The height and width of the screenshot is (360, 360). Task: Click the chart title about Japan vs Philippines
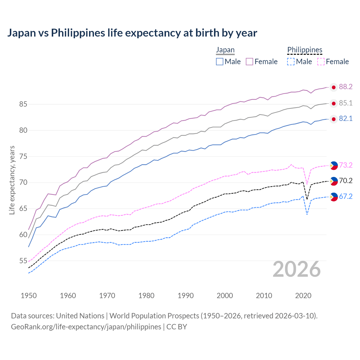(x=132, y=33)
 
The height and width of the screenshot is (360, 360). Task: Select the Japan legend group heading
(x=225, y=50)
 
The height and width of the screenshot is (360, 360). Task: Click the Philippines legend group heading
(x=305, y=50)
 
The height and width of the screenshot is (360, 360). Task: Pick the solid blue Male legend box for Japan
(x=220, y=62)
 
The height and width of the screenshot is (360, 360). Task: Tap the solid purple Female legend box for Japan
(x=249, y=62)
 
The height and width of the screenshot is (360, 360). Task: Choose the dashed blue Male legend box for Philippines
(x=291, y=62)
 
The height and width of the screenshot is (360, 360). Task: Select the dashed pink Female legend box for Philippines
(x=321, y=62)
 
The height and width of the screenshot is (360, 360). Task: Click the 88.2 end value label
(x=346, y=87)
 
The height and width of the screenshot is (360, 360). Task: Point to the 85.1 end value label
(x=346, y=103)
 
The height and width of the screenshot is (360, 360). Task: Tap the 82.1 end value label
(x=346, y=119)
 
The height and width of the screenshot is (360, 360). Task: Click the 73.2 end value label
(x=346, y=165)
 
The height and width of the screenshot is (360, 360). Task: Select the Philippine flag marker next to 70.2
(x=334, y=181)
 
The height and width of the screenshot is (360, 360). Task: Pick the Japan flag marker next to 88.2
(x=334, y=87)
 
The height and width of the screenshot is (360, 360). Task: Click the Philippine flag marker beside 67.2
(x=334, y=197)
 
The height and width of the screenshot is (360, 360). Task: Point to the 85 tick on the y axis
(x=23, y=104)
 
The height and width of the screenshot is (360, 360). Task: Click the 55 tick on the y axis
(x=23, y=261)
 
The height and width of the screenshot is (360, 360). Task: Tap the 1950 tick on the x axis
(x=29, y=296)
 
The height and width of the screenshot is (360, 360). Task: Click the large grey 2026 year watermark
(x=296, y=269)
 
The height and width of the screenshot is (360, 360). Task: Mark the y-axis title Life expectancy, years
(x=12, y=180)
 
